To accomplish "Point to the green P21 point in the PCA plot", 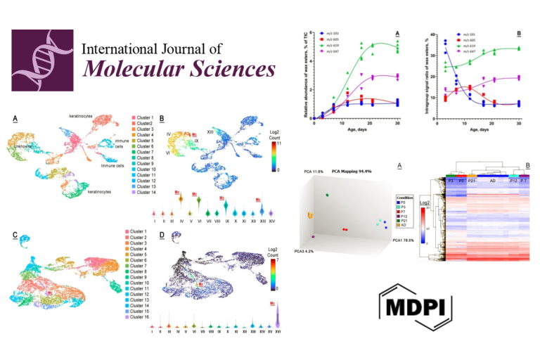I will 327,194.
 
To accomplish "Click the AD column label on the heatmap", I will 493,181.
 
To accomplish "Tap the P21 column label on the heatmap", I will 472,181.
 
